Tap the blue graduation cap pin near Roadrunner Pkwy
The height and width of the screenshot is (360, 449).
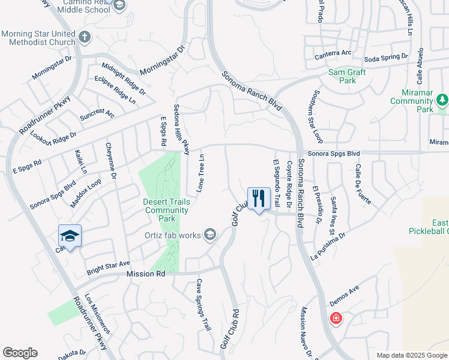[x=70, y=236]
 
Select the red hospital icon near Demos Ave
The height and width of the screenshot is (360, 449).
[x=336, y=318]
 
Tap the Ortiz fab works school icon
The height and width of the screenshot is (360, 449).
[x=209, y=234]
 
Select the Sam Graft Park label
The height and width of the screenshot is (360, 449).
[x=347, y=76]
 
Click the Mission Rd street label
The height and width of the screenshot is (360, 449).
[x=145, y=274]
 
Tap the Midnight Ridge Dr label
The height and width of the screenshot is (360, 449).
[x=124, y=79]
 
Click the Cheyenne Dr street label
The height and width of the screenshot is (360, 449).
[x=110, y=161]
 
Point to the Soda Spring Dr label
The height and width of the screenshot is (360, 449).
[x=387, y=58]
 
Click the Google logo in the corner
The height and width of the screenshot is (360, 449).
[x=20, y=353]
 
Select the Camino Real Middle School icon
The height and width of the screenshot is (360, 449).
[x=119, y=5]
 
